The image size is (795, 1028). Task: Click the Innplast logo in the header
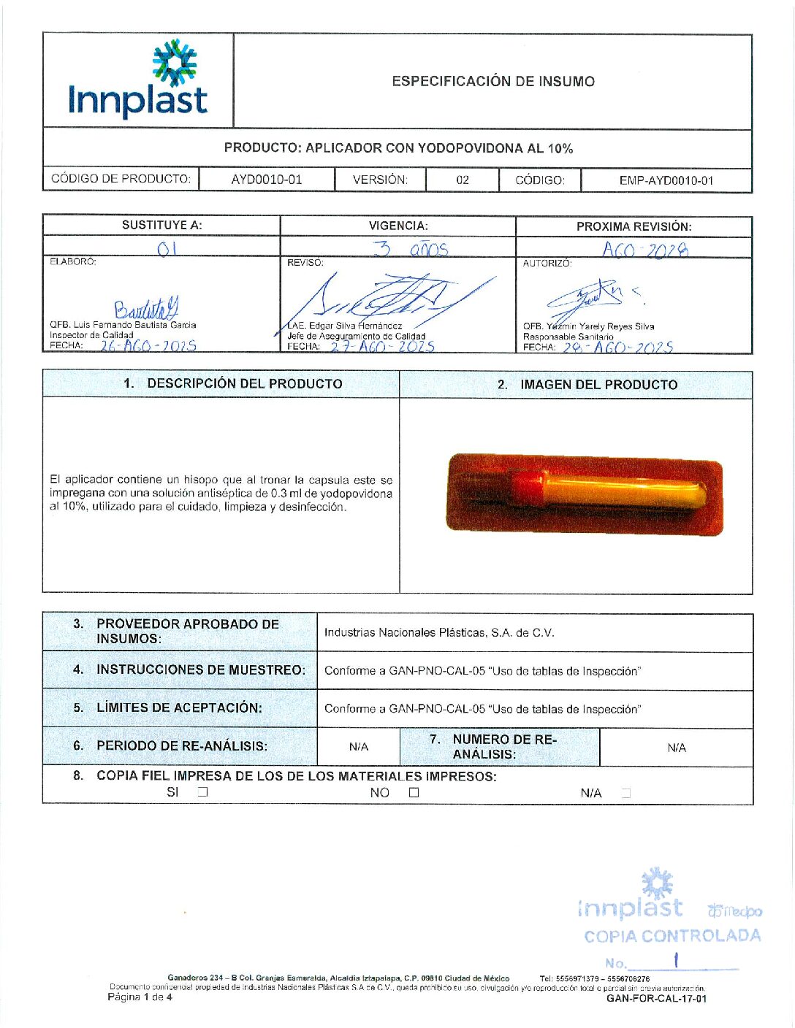(x=138, y=80)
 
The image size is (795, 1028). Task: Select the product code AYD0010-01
(x=266, y=180)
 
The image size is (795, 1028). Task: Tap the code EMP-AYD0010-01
(x=666, y=180)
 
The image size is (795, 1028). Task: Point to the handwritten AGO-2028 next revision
(x=645, y=250)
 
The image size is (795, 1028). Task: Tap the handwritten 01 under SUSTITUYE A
(x=167, y=249)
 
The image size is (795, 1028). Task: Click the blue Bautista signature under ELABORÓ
(x=146, y=308)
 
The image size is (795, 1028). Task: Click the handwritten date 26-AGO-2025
(x=148, y=346)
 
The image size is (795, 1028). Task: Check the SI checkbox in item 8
(x=203, y=791)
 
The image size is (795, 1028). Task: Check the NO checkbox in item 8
(x=414, y=792)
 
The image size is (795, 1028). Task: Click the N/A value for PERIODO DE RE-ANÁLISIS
(x=359, y=747)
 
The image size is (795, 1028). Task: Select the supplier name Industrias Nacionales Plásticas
(x=439, y=633)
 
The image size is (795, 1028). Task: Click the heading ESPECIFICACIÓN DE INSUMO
(x=493, y=81)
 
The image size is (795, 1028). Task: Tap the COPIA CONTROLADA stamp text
(x=672, y=936)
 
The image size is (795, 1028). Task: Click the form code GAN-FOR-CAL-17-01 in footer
(x=656, y=998)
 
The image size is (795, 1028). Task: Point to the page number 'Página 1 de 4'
(x=140, y=997)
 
